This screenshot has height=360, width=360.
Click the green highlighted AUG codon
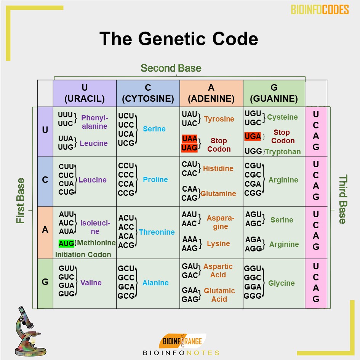[x=66, y=243]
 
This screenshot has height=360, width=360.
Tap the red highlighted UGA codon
[x=253, y=136]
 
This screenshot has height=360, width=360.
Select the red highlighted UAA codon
[x=190, y=139]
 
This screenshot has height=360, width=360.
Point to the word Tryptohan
[x=283, y=152]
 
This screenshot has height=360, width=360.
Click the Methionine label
[x=96, y=243]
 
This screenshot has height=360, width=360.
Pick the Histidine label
[x=218, y=168]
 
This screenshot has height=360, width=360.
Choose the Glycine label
[x=281, y=283]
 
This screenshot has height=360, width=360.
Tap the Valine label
[x=91, y=283]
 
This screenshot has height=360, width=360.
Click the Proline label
[x=155, y=179]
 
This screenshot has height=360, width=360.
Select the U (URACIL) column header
[x=85, y=93]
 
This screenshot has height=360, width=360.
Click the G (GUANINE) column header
[x=274, y=93]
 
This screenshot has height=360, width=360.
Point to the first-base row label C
[x=45, y=180]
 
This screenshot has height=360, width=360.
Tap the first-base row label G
[x=45, y=282]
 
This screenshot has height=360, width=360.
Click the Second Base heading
[x=171, y=68]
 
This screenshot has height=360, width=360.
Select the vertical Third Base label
[x=343, y=199]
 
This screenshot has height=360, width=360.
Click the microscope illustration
[x=29, y=330]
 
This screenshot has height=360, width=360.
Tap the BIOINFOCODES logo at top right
[x=320, y=10]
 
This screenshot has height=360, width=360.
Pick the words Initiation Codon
[x=83, y=254]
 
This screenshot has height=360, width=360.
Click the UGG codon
[x=253, y=151]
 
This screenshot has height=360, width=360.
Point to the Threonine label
[x=157, y=232]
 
